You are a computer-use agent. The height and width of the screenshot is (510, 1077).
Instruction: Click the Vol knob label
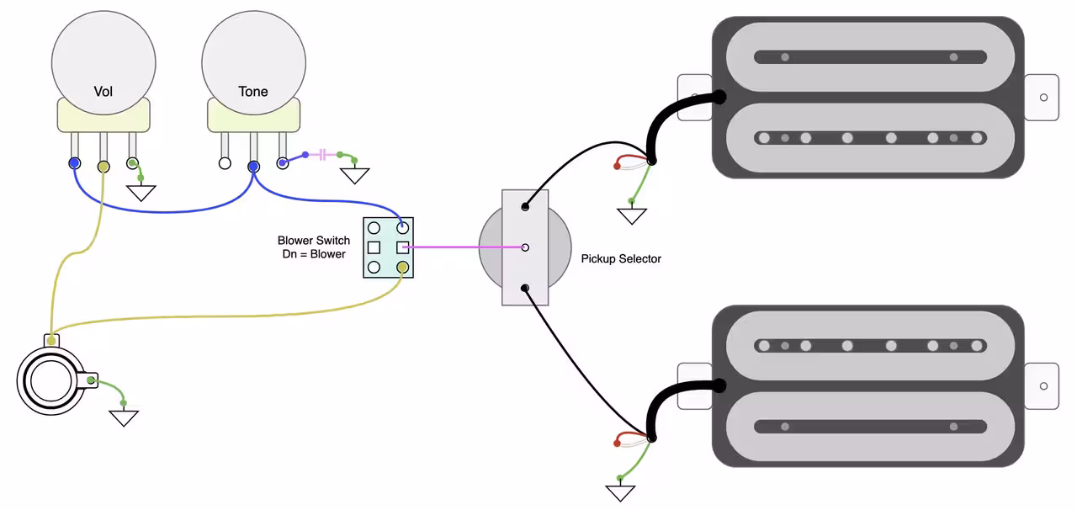tap(103, 91)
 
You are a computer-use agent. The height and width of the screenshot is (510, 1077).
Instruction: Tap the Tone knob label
tap(253, 91)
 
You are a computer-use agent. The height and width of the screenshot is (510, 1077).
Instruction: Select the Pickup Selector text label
tap(621, 258)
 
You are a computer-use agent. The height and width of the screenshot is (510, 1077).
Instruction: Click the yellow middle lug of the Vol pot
tap(103, 166)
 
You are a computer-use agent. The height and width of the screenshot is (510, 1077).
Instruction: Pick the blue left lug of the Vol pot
tap(75, 163)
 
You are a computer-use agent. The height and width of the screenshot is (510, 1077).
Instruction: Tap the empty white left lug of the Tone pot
tap(225, 163)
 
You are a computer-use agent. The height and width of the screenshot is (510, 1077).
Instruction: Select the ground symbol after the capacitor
tap(354, 175)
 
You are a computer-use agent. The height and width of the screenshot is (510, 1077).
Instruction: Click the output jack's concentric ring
tap(47, 381)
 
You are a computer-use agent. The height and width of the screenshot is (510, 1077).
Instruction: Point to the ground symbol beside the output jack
tap(124, 417)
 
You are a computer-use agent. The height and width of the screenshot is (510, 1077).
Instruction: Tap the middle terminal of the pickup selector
tap(525, 247)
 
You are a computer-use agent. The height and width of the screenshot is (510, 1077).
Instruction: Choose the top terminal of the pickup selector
tap(525, 206)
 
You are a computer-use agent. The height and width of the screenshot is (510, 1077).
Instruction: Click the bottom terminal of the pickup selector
tap(525, 289)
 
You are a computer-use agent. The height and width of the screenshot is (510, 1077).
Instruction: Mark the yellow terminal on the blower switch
tap(403, 268)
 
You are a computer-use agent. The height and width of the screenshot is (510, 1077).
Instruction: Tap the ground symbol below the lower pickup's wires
tap(620, 491)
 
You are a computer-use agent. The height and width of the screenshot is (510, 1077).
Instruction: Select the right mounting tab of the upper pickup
tap(1042, 98)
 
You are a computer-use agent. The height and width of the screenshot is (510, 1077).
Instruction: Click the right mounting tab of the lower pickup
tap(1042, 386)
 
